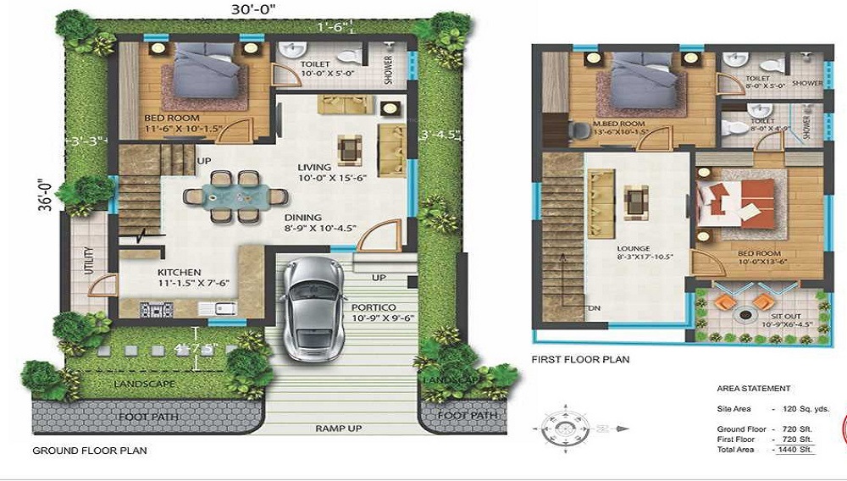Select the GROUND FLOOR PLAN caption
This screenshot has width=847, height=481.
(x=89, y=451)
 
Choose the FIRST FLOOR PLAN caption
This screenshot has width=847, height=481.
(x=580, y=359)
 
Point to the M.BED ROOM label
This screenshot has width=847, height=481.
(x=627, y=122)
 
